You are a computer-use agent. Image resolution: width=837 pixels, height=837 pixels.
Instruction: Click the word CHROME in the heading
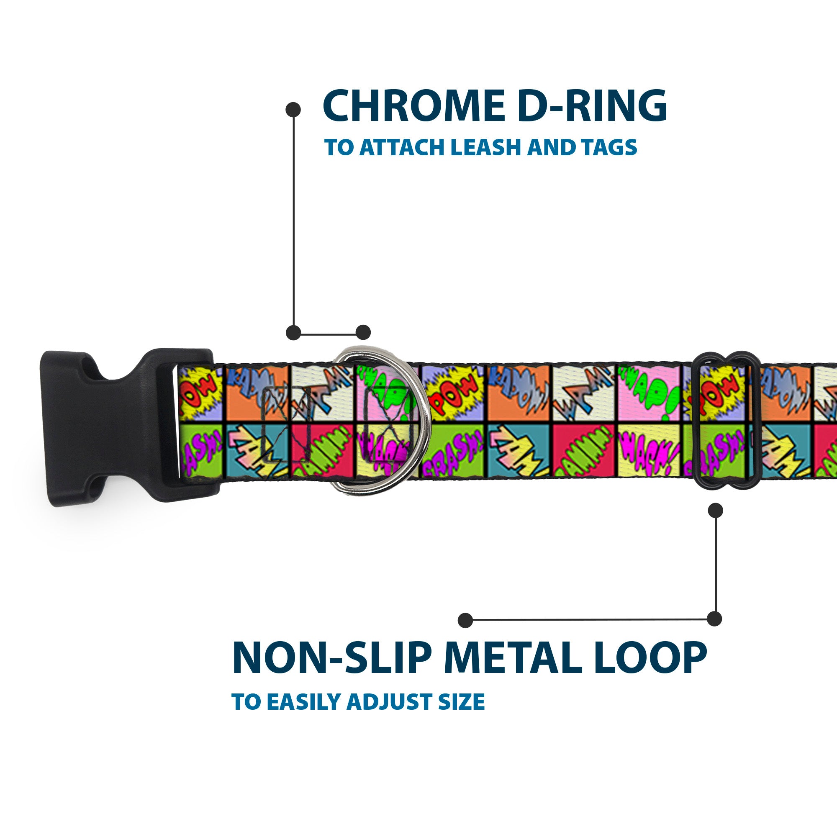point(413,106)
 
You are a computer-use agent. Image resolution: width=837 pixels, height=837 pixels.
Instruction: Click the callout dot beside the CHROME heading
point(293,109)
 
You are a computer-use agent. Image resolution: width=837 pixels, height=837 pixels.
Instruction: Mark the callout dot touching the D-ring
point(363,332)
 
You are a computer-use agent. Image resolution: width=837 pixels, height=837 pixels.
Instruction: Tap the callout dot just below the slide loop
point(715,510)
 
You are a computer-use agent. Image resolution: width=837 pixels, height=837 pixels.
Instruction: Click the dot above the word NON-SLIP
point(465,620)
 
